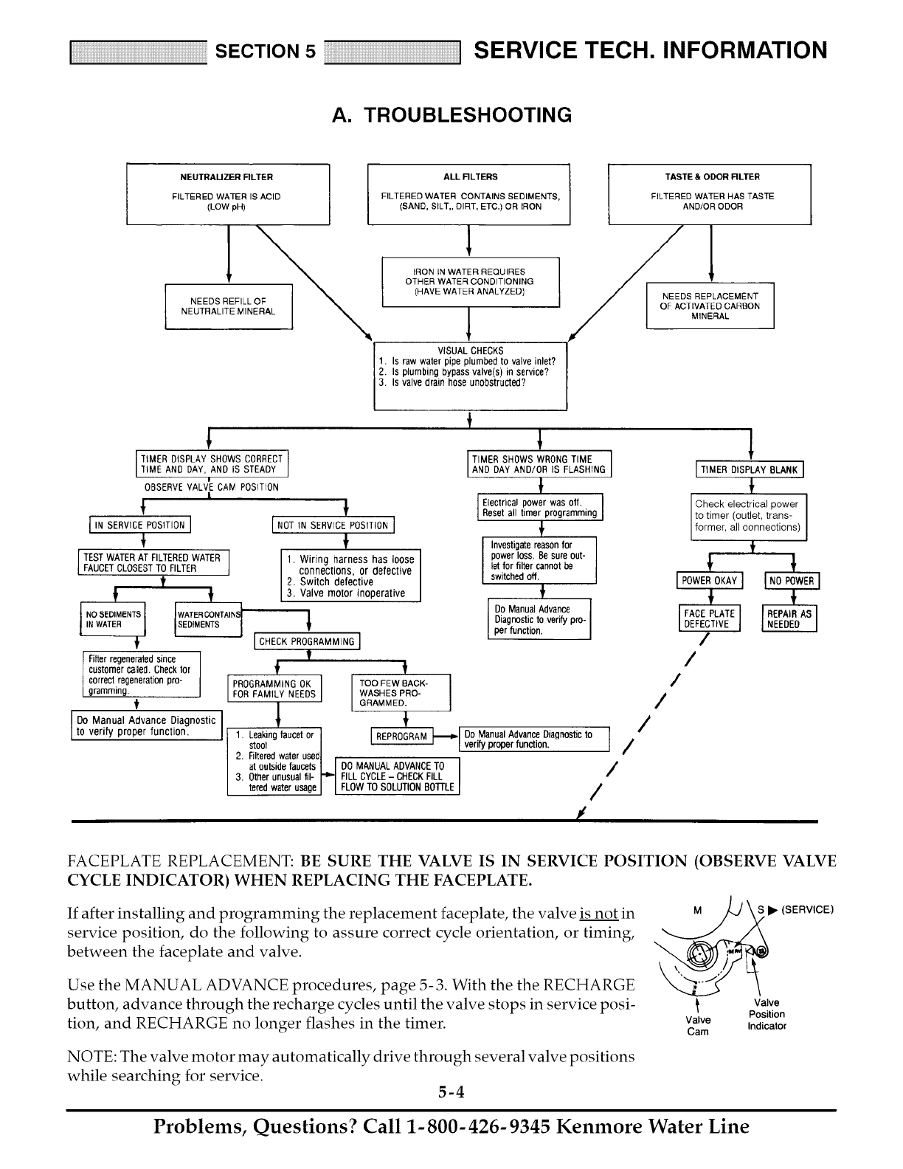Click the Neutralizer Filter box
click(x=227, y=194)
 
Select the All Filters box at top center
click(x=469, y=194)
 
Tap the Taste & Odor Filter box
click(x=709, y=194)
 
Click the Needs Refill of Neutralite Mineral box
click(x=229, y=306)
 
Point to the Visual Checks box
click(x=470, y=376)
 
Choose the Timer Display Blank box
click(x=750, y=469)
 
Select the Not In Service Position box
click(x=333, y=525)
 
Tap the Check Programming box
click(x=307, y=641)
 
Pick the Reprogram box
click(x=401, y=737)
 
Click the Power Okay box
click(x=710, y=581)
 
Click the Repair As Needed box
click(x=789, y=618)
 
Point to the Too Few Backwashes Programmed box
click(x=401, y=692)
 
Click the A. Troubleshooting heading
click(x=451, y=115)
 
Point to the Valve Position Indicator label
click(x=767, y=1014)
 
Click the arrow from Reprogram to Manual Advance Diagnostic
click(x=445, y=736)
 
